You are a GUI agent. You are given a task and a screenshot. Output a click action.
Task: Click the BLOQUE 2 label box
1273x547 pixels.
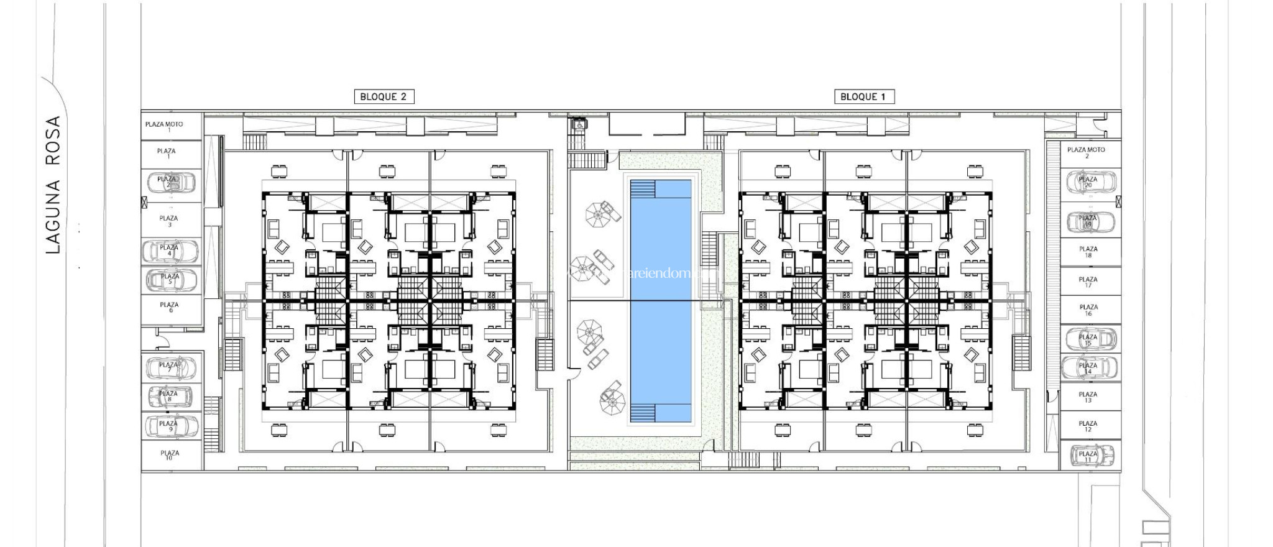(x=384, y=96)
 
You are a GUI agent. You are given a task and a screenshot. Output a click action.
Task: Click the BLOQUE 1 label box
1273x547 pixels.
(x=863, y=96)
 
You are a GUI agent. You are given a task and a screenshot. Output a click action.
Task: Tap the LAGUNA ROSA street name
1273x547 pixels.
(x=53, y=185)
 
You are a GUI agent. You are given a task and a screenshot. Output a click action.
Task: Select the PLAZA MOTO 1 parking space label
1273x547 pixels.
(x=164, y=126)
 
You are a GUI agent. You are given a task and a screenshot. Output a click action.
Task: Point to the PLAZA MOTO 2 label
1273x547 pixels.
(x=1086, y=152)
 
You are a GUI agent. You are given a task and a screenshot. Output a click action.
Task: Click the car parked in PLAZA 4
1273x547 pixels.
(x=170, y=251)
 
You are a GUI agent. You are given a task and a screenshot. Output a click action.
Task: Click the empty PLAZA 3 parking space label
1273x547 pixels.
(x=168, y=221)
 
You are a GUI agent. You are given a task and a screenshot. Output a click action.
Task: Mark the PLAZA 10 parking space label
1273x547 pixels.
(x=169, y=455)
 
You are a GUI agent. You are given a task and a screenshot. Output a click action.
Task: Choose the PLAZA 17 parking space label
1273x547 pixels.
(x=1088, y=282)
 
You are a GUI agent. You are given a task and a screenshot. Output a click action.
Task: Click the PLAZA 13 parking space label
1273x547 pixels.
(x=1088, y=397)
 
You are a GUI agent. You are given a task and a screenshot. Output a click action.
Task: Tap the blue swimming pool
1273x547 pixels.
(x=661, y=298)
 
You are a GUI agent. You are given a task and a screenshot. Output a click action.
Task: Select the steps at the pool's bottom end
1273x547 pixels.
(x=643, y=412)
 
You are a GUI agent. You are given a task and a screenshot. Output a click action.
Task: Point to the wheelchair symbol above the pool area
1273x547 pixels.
(x=579, y=124)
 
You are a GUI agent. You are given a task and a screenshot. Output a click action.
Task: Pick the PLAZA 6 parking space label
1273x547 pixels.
(x=169, y=306)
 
